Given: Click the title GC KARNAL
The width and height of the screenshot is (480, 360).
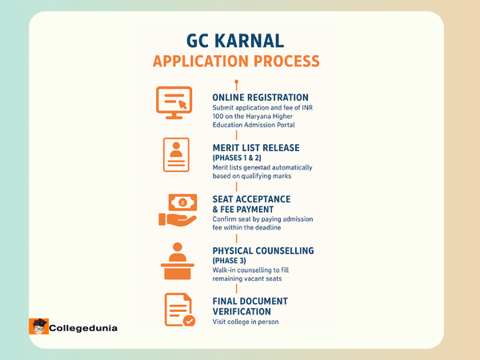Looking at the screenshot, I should click(236, 40).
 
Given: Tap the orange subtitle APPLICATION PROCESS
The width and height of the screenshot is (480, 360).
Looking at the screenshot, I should click(236, 61).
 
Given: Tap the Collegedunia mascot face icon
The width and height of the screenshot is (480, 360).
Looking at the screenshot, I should click(38, 326).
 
